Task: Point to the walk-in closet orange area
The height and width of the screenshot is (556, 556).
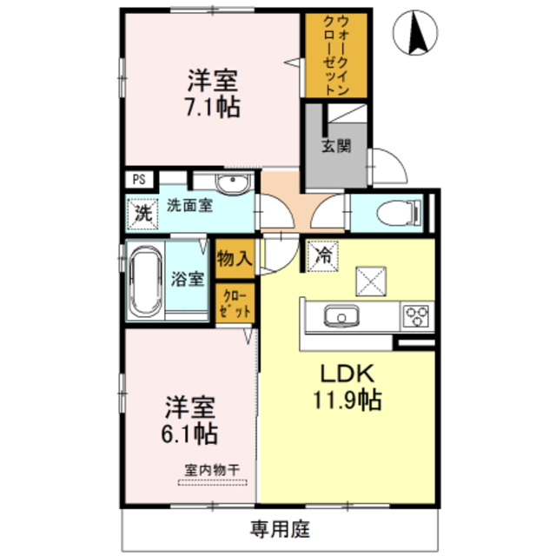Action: tap(335, 56)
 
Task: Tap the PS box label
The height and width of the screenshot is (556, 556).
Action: tap(139, 180)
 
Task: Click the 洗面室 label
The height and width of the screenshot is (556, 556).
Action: tap(189, 207)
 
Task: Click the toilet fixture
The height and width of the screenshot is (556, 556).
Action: tap(401, 212)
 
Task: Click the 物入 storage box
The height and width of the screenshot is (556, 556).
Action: tap(235, 257)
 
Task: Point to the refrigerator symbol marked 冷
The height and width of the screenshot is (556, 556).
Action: tap(322, 256)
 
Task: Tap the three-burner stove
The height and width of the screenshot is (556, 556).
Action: tap(414, 315)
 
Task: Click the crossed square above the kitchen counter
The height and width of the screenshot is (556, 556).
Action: tap(370, 281)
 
